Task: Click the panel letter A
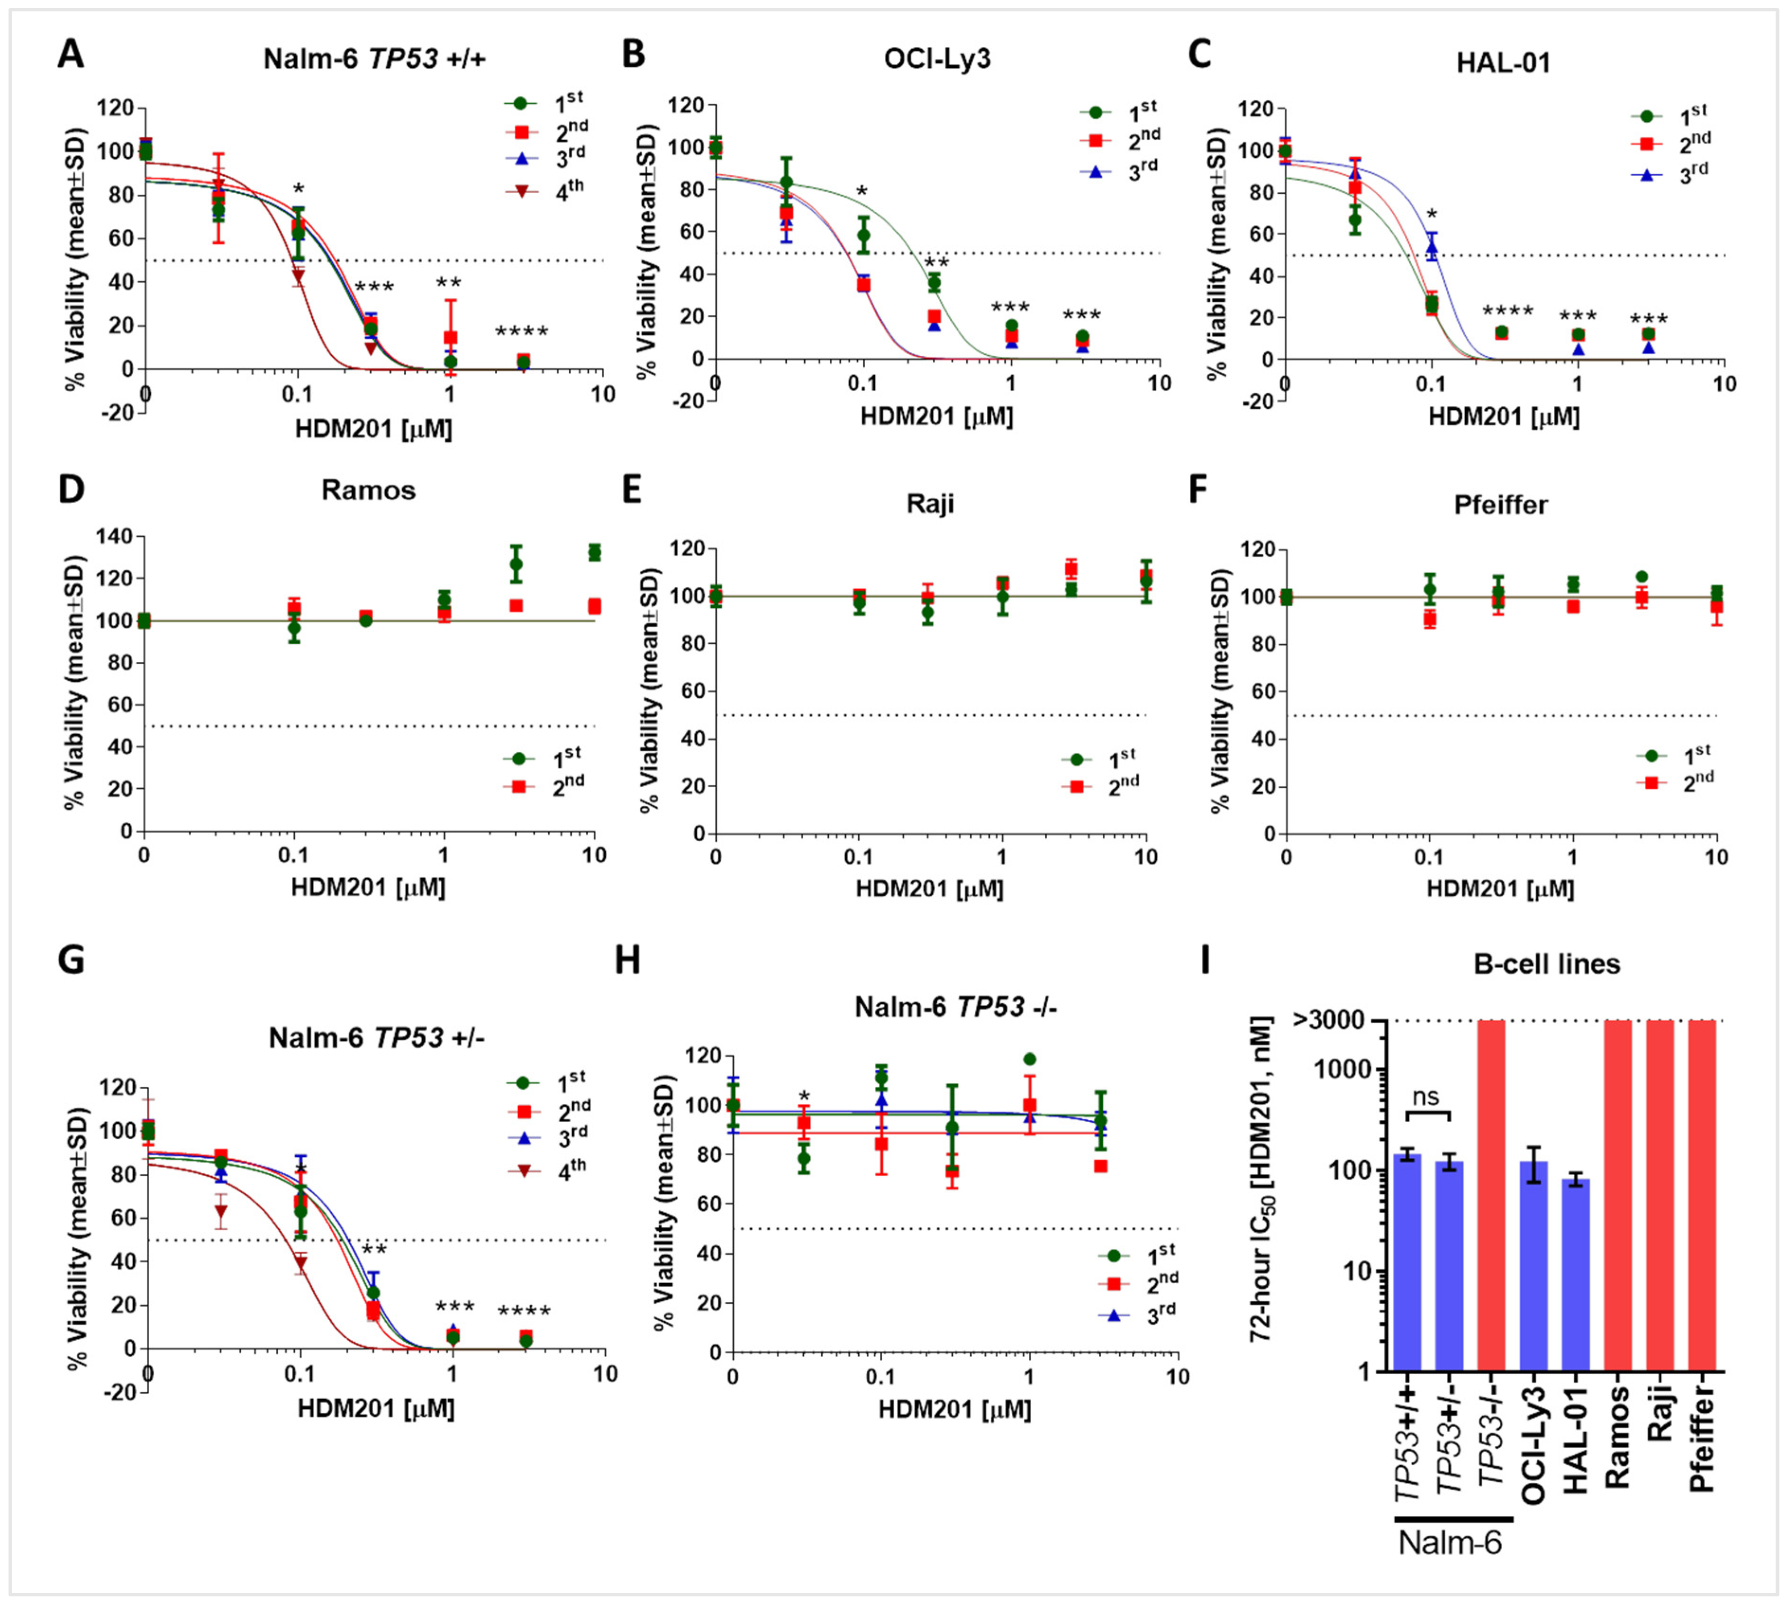coord(71,54)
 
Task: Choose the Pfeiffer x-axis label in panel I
coord(1702,1444)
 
